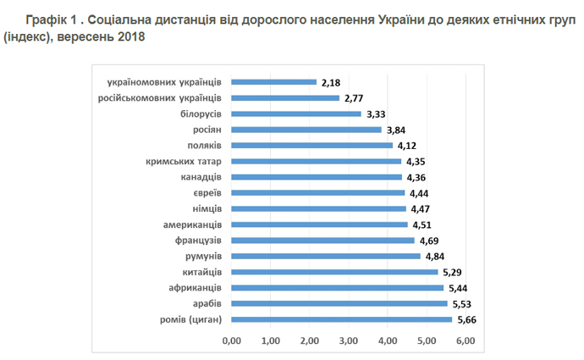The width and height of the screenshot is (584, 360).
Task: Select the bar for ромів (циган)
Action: pyautogui.click(x=341, y=319)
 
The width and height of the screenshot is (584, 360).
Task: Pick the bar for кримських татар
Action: pyautogui.click(x=316, y=161)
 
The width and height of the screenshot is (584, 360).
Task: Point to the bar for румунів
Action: pyautogui.click(x=325, y=256)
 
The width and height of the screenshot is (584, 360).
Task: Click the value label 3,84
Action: pyautogui.click(x=397, y=130)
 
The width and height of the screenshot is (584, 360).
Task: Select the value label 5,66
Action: pyautogui.click(x=468, y=319)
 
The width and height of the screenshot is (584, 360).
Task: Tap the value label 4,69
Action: pyautogui.click(x=430, y=240)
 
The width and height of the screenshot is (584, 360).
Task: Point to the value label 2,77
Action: pyautogui.click(x=355, y=98)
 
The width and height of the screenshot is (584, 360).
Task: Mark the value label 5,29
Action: pyautogui.click(x=454, y=272)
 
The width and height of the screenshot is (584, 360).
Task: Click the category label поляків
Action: pyautogui.click(x=203, y=146)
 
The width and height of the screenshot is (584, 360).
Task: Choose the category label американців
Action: pyautogui.click(x=192, y=224)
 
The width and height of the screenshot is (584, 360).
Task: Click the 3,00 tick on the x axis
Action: pyautogui.click(x=348, y=341)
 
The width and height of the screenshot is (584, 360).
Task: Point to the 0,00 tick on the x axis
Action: pyautogui.click(x=231, y=341)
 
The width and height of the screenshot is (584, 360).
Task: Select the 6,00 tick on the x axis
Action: pyautogui.click(x=465, y=341)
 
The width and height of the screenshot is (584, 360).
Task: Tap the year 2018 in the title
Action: pyautogui.click(x=128, y=38)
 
